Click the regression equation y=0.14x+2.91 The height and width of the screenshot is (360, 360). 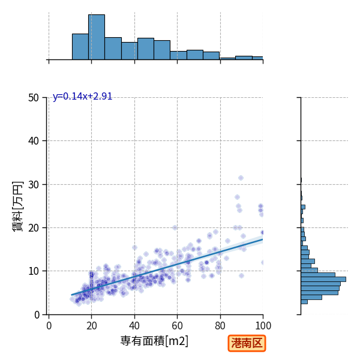(x=82, y=97)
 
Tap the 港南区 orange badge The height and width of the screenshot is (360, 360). (x=247, y=343)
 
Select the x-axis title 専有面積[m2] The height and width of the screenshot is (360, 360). (x=154, y=341)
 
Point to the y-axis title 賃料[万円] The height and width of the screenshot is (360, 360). (x=18, y=206)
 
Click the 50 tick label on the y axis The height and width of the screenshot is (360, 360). (x=34, y=98)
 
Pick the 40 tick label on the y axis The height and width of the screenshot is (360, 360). (x=34, y=141)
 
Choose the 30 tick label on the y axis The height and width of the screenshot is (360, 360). (x=34, y=185)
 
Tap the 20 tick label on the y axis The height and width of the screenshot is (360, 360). (x=34, y=228)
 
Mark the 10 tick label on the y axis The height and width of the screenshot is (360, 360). (x=34, y=271)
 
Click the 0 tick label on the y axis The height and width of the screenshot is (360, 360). (x=37, y=315)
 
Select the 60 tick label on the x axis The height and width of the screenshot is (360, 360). (x=177, y=326)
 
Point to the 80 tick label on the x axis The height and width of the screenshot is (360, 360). (x=220, y=326)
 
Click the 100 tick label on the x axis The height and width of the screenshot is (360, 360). (x=263, y=326)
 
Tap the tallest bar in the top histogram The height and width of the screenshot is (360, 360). (x=97, y=37)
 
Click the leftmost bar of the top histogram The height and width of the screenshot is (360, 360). (x=80, y=47)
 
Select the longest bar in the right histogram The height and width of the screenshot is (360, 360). (x=323, y=280)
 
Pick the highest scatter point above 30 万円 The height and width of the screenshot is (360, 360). (x=241, y=178)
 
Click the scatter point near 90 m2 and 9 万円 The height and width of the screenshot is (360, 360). (x=241, y=276)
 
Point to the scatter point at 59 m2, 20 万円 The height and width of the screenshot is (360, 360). (x=175, y=227)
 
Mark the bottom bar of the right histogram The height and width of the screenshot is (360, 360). (x=304, y=302)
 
